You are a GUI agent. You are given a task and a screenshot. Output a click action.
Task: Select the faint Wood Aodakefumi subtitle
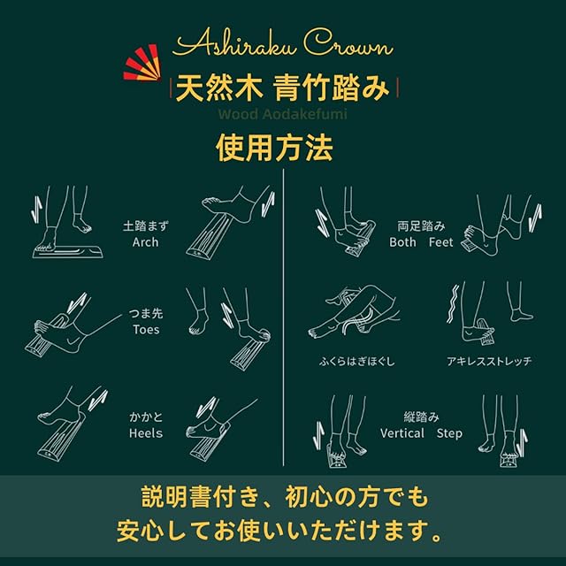283,114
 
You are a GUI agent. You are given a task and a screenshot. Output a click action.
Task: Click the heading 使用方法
274,148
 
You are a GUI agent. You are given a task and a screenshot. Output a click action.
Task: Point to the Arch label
145,242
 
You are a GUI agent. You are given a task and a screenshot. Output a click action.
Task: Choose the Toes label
146,330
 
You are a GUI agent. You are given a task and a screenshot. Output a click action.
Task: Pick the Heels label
146,433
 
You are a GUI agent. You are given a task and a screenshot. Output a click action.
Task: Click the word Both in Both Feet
403,242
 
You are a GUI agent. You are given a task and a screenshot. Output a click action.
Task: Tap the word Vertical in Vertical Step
402,433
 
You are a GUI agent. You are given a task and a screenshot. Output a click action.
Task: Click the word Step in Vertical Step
449,433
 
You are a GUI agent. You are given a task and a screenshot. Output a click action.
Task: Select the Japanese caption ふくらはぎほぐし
357,362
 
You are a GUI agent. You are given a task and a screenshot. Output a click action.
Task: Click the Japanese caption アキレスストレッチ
489,361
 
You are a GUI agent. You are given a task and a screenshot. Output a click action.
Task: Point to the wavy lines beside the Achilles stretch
453,304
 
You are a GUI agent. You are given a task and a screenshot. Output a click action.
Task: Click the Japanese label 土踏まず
145,226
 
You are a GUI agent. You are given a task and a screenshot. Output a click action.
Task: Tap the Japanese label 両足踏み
421,226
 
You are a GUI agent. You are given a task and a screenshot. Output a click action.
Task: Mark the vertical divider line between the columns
283,317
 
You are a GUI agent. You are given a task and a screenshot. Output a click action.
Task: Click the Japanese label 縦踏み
421,417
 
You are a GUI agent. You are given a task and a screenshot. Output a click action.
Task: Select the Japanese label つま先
146,313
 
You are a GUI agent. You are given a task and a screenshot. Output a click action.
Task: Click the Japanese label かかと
146,417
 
